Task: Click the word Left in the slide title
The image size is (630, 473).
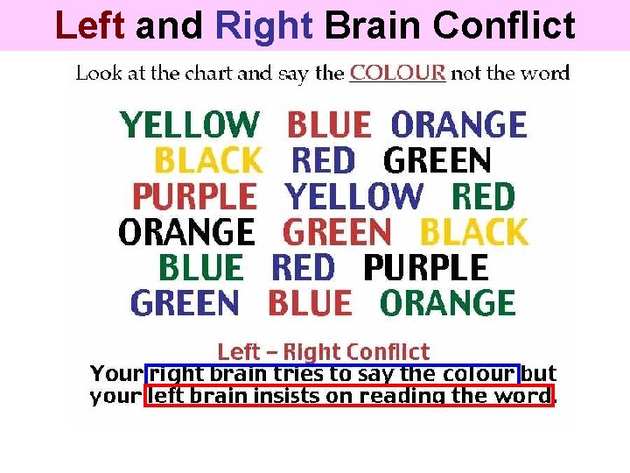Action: click(x=90, y=25)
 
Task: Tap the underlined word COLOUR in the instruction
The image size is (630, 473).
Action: click(x=397, y=74)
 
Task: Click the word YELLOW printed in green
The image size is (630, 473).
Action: click(x=190, y=125)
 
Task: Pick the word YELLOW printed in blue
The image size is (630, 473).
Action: click(x=353, y=196)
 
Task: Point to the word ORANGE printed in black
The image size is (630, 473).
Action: click(x=186, y=232)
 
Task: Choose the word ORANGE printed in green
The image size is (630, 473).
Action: click(x=447, y=304)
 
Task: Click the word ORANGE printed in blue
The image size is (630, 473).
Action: click(x=458, y=125)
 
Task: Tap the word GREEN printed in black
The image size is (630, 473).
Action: click(x=437, y=161)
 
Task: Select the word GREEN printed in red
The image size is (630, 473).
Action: click(x=338, y=232)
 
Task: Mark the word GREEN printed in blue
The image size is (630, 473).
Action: click(x=185, y=304)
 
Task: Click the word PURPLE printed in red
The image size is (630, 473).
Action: click(x=194, y=196)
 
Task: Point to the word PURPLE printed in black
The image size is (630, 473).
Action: click(x=425, y=268)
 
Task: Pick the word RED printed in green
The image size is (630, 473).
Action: click(x=483, y=196)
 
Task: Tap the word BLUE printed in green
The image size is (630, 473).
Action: click(x=201, y=268)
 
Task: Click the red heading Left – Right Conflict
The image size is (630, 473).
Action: click(x=323, y=352)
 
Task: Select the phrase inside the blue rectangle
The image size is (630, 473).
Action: click(x=332, y=374)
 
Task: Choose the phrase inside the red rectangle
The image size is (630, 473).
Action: click(x=349, y=396)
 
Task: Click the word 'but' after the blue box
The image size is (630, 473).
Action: click(x=539, y=374)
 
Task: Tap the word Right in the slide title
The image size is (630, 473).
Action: click(x=262, y=25)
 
